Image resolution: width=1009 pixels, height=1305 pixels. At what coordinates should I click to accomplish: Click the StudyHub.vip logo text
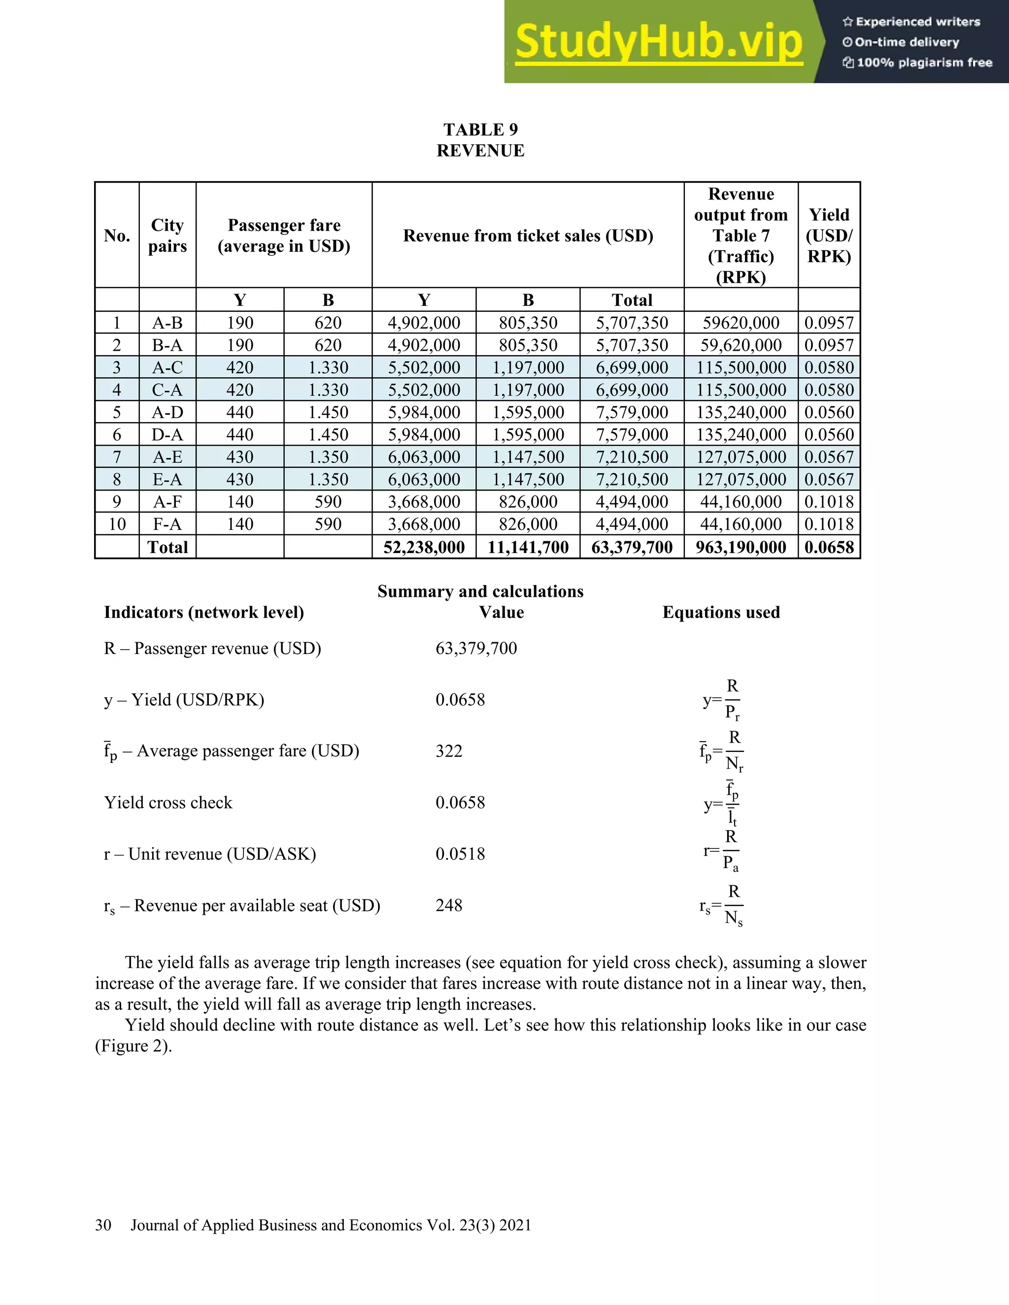pyautogui.click(x=658, y=42)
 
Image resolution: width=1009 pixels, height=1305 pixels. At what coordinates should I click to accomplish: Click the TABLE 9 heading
pyautogui.click(x=480, y=130)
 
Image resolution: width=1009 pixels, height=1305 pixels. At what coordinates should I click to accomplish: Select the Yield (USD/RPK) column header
pyautogui.click(x=829, y=235)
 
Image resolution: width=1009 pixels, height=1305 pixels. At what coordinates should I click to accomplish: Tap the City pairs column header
pyautogui.click(x=168, y=235)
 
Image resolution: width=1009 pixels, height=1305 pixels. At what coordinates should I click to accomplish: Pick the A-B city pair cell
pyautogui.click(x=168, y=323)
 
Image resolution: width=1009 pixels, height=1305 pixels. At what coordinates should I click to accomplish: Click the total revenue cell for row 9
pyautogui.click(x=631, y=501)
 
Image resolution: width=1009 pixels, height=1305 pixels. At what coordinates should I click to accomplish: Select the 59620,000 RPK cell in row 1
pyautogui.click(x=740, y=323)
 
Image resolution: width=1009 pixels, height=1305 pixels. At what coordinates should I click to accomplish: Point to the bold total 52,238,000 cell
pyautogui.click(x=424, y=547)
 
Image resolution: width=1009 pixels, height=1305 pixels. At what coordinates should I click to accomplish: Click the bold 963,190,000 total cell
pyautogui.click(x=740, y=547)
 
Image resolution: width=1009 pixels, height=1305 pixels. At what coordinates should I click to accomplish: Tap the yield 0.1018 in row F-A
pyautogui.click(x=829, y=524)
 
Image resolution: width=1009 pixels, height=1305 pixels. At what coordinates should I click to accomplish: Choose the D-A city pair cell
pyautogui.click(x=168, y=434)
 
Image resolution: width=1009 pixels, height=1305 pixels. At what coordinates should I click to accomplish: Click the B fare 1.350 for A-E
pyautogui.click(x=328, y=457)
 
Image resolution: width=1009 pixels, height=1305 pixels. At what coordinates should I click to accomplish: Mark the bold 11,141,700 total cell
pyautogui.click(x=528, y=547)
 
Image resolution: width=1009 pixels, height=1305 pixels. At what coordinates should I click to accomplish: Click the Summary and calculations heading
pyautogui.click(x=480, y=591)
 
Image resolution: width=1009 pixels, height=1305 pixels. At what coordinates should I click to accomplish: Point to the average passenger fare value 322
pyautogui.click(x=449, y=751)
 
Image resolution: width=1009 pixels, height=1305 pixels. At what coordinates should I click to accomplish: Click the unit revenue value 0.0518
pyautogui.click(x=460, y=854)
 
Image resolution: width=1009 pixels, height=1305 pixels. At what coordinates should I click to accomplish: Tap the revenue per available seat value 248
pyautogui.click(x=449, y=905)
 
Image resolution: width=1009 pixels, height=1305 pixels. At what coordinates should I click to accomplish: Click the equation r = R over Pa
pyautogui.click(x=723, y=851)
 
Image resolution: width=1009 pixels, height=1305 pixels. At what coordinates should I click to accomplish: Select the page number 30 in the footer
pyautogui.click(x=103, y=1225)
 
